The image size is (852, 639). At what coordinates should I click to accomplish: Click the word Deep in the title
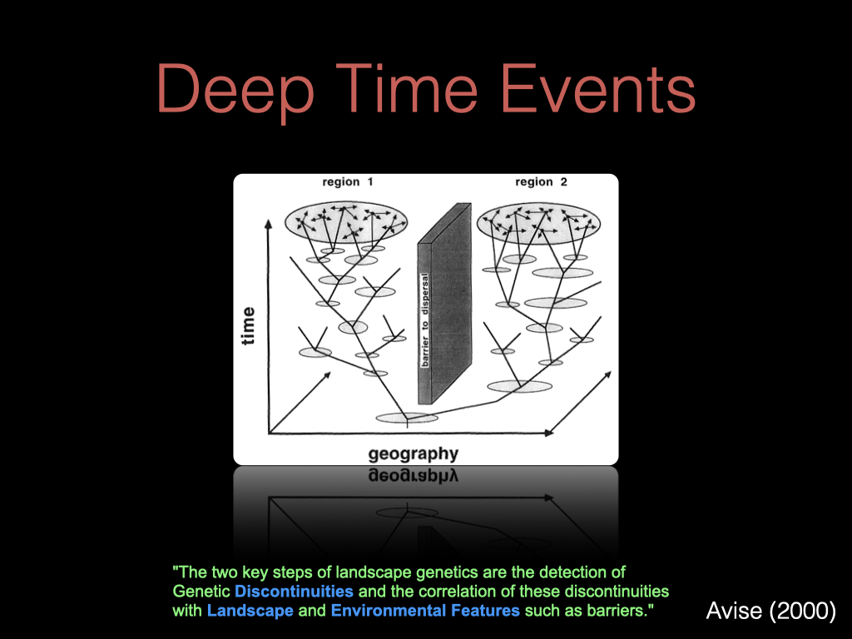pyautogui.click(x=235, y=89)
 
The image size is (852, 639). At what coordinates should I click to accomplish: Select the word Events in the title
pyautogui.click(x=597, y=88)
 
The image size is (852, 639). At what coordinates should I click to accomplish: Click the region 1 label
pyautogui.click(x=348, y=182)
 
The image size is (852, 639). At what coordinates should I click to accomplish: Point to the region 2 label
pyautogui.click(x=541, y=182)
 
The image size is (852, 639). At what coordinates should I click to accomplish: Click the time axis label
pyautogui.click(x=248, y=326)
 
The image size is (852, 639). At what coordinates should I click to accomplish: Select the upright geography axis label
pyautogui.click(x=414, y=454)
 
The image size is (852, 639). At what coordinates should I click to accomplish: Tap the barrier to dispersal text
pyautogui.click(x=425, y=319)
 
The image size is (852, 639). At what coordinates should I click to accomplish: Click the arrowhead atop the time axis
pyautogui.click(x=268, y=224)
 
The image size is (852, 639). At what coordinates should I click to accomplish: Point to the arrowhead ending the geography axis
pyautogui.click(x=549, y=433)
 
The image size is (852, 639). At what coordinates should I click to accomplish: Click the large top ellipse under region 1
pyautogui.click(x=346, y=223)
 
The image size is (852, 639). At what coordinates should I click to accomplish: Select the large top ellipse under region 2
pyautogui.click(x=538, y=223)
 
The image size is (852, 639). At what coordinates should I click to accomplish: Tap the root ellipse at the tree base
pyautogui.click(x=407, y=418)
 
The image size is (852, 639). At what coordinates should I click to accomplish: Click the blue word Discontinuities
pyautogui.click(x=294, y=592)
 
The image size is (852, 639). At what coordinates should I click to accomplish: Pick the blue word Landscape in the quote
pyautogui.click(x=250, y=611)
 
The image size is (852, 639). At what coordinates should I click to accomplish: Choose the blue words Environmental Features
pyautogui.click(x=425, y=611)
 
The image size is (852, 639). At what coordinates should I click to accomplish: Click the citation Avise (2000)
pyautogui.click(x=770, y=611)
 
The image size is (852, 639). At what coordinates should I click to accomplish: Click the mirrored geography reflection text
pyautogui.click(x=414, y=475)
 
